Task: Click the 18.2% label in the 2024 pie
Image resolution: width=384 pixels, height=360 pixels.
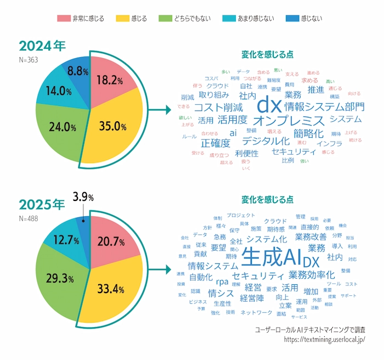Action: point(109,80)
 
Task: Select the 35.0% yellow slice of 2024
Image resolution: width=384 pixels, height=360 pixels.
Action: point(113,127)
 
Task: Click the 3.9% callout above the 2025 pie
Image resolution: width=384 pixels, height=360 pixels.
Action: point(83,196)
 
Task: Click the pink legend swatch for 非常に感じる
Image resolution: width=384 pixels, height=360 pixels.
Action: point(63,18)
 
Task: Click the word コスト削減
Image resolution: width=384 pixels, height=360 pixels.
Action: point(218,107)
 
